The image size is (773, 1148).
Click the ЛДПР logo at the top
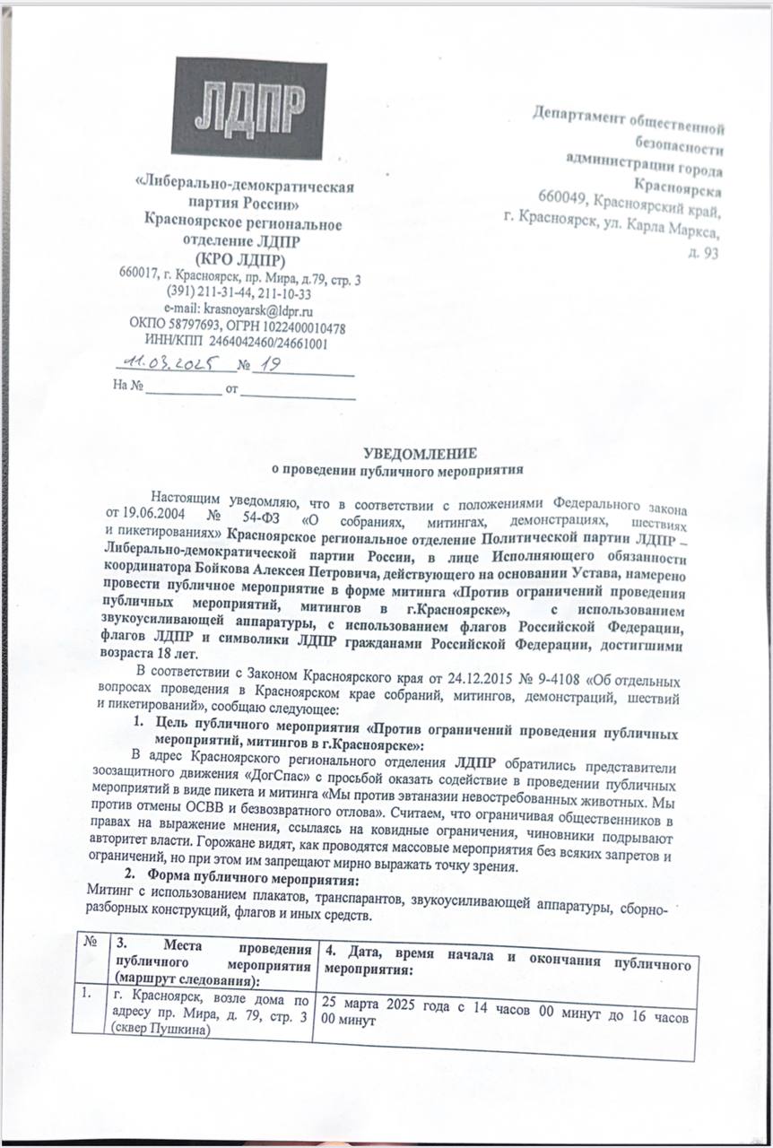tap(249, 109)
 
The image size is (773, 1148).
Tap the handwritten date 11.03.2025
tap(168, 364)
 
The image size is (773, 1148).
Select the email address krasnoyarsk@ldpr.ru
tap(253, 309)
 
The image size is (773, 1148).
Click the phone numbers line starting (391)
tap(239, 293)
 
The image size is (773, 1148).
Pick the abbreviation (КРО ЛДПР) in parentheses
tap(239, 261)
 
